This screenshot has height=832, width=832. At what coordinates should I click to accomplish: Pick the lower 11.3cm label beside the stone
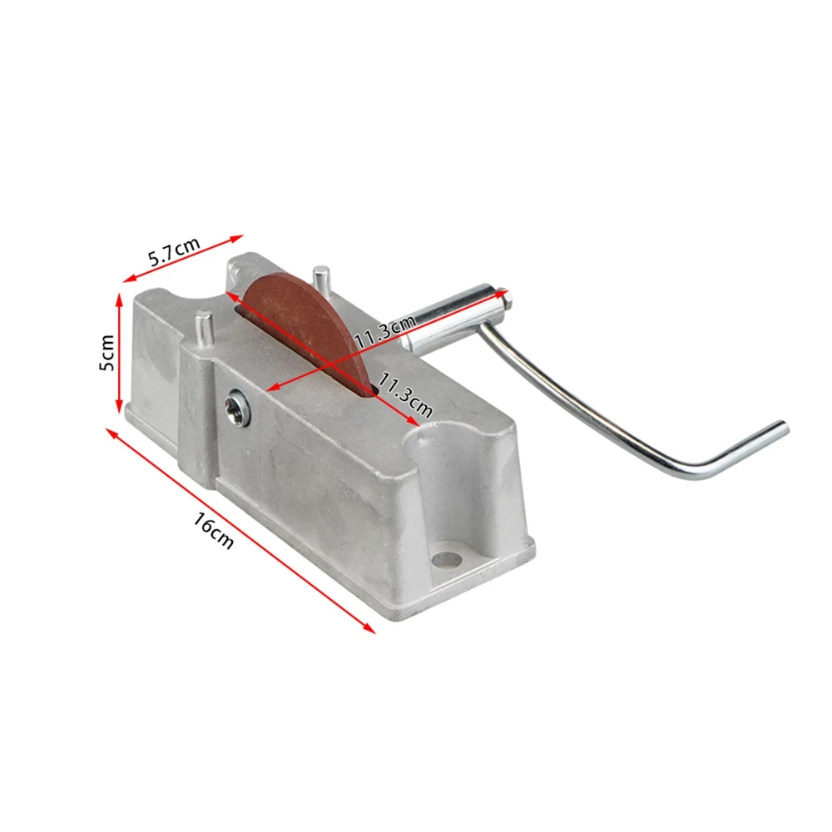click(x=405, y=394)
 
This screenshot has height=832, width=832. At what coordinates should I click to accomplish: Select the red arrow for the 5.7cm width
click(x=183, y=259)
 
